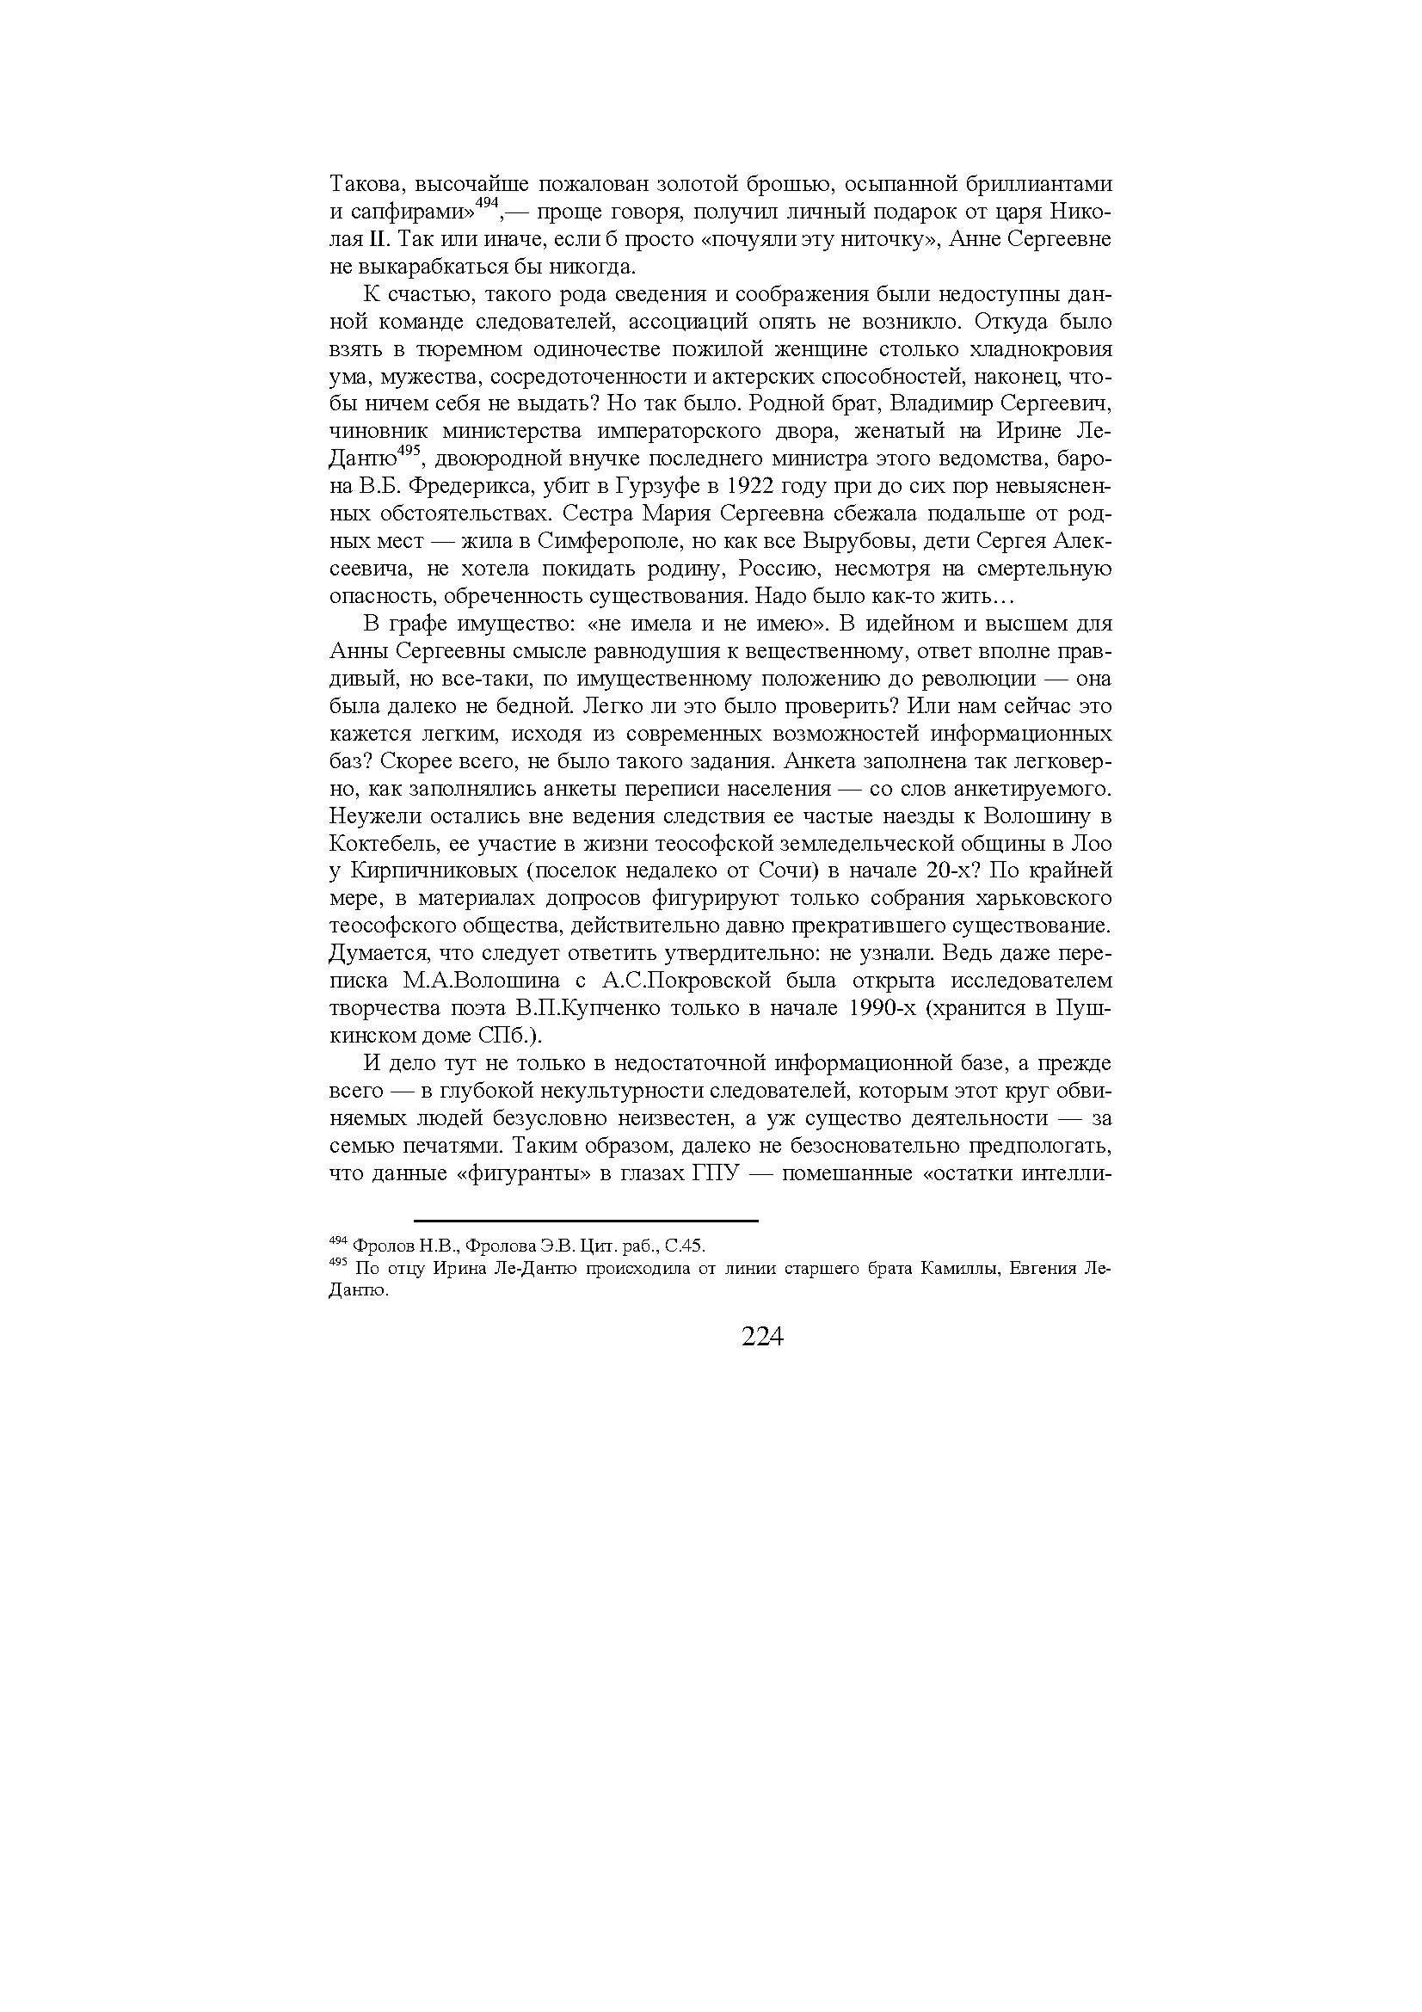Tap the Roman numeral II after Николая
390,239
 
